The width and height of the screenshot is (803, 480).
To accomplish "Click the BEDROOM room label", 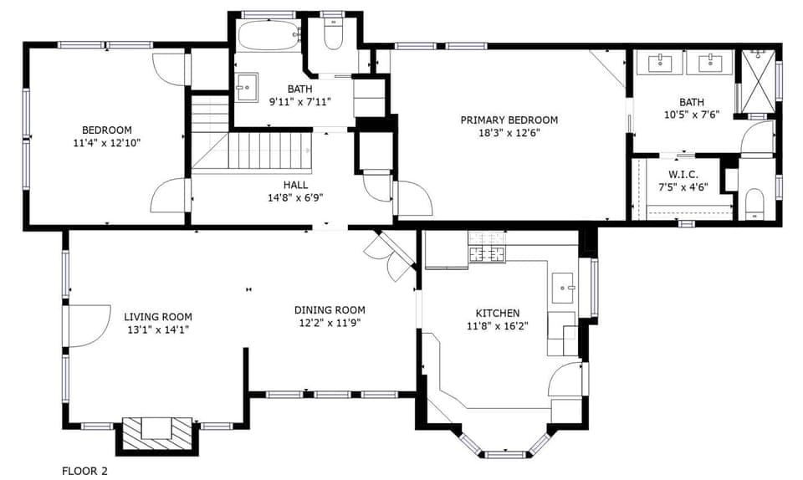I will [x=106, y=130].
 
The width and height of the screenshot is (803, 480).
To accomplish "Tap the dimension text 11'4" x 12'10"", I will [x=106, y=143].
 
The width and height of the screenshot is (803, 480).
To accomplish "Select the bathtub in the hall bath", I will [x=268, y=36].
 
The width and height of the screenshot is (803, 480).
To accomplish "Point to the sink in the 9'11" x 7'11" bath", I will [x=247, y=86].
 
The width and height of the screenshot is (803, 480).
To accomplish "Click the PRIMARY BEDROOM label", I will [x=509, y=120].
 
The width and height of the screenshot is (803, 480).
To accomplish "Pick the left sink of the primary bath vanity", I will [x=661, y=62].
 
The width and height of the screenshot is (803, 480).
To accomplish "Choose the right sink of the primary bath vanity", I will [x=710, y=62].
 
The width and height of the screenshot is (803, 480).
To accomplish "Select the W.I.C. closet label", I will [x=683, y=174].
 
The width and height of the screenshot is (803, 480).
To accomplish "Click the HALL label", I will [x=294, y=185].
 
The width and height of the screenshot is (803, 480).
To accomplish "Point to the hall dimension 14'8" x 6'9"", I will [x=294, y=198].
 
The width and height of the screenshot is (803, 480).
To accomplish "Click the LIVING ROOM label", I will [x=158, y=316].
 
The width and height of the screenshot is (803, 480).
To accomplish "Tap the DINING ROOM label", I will [x=330, y=309].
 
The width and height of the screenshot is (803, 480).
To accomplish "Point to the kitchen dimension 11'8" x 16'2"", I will [x=498, y=326].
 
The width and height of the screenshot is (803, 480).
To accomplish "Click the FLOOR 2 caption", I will [x=85, y=471].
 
